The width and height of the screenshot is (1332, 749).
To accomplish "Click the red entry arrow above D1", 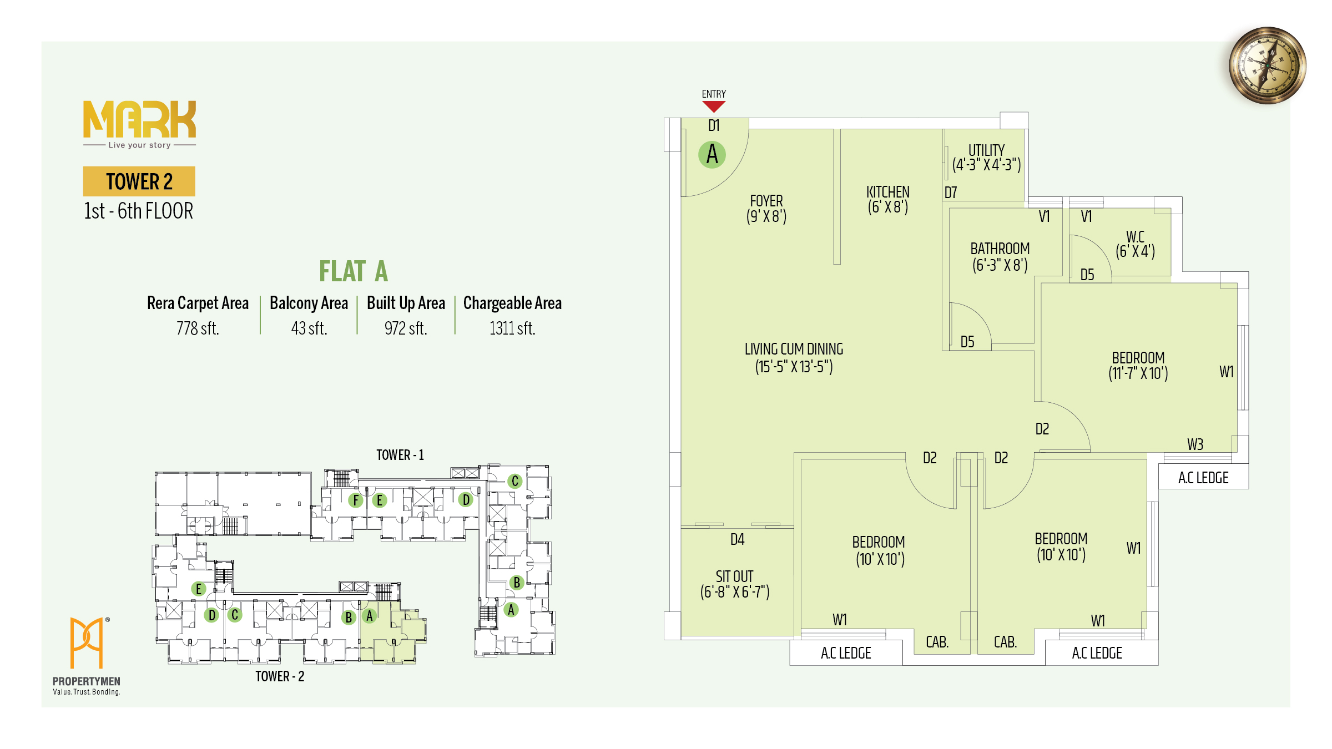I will pyautogui.click(x=714, y=107).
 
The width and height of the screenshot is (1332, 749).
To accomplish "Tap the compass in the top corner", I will pyautogui.click(x=1267, y=65).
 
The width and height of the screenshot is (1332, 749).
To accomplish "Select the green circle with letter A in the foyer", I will pyautogui.click(x=712, y=154).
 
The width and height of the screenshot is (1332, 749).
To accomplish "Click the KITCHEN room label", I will pyautogui.click(x=887, y=192).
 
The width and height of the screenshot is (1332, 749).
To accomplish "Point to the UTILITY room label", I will pyautogui.click(x=986, y=150).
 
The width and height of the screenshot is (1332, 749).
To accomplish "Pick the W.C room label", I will pyautogui.click(x=1135, y=237).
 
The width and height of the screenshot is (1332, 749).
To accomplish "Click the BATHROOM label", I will pyautogui.click(x=1000, y=249).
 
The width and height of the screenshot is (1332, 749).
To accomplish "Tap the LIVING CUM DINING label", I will pyautogui.click(x=794, y=349).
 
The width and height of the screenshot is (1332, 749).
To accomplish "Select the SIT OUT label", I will pyautogui.click(x=734, y=576).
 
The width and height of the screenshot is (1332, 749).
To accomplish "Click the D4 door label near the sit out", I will pyautogui.click(x=737, y=539).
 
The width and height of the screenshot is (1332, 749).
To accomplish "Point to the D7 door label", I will pyautogui.click(x=951, y=193).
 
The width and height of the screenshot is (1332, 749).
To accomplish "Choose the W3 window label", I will pyautogui.click(x=1195, y=444).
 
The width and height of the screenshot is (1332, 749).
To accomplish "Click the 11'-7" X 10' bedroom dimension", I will pyautogui.click(x=1138, y=373).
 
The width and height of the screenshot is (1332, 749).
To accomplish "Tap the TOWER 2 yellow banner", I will pyautogui.click(x=139, y=181).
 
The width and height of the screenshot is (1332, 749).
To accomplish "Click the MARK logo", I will pyautogui.click(x=139, y=119).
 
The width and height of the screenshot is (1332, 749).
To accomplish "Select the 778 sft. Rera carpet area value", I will pyautogui.click(x=198, y=328).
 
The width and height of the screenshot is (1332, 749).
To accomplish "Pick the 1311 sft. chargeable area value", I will pyautogui.click(x=512, y=328).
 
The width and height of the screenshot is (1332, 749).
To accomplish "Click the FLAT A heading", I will pyautogui.click(x=353, y=271).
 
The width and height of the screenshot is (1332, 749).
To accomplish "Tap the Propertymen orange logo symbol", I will pyautogui.click(x=87, y=642).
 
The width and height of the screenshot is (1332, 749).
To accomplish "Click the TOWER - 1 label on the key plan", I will pyautogui.click(x=400, y=455).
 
